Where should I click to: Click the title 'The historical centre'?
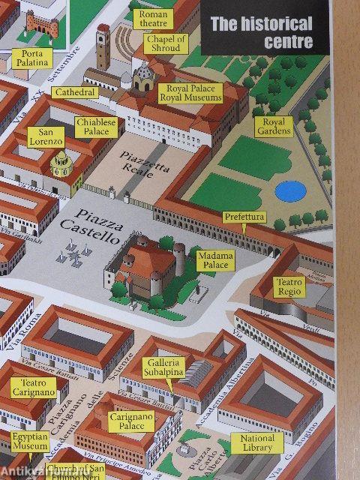click(261, 32)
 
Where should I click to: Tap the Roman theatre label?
click(154, 18)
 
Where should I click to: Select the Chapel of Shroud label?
click(166, 43)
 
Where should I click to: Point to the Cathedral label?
click(75, 92)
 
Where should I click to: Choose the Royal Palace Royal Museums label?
click(190, 93)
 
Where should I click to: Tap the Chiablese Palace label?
click(97, 126)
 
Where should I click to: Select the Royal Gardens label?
click(271, 126)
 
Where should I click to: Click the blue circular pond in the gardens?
click(289, 190)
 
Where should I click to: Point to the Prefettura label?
click(244, 217)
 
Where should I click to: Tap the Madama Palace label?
click(215, 260)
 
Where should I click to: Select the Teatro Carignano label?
click(33, 387)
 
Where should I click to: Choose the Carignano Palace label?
click(131, 421)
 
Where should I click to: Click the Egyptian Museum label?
click(30, 441)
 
